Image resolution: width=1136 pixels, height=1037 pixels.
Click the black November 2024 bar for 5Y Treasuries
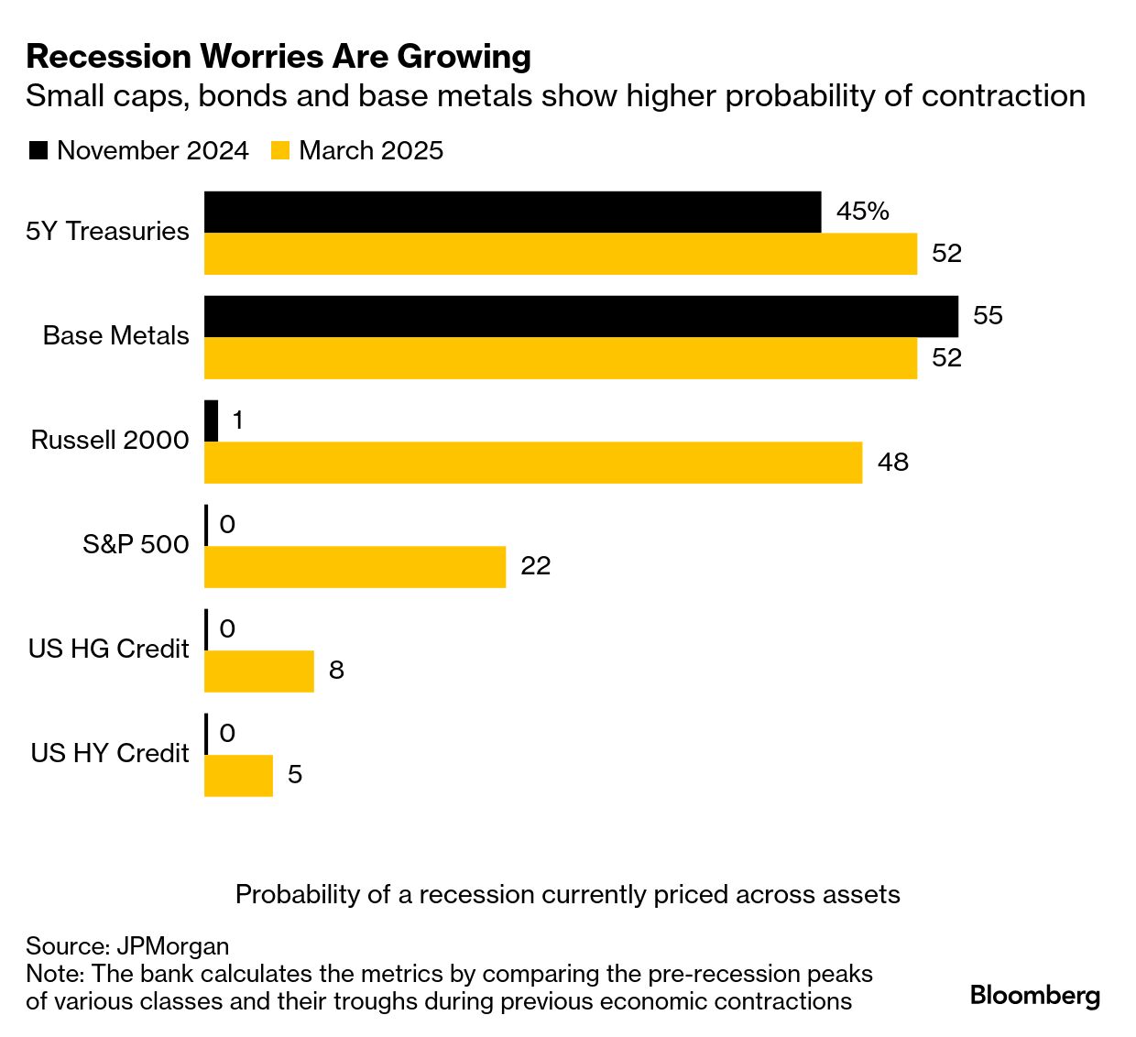tap(512, 212)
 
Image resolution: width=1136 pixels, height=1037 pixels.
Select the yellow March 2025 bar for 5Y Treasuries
tap(560, 254)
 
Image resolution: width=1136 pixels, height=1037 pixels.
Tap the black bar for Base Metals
tap(581, 316)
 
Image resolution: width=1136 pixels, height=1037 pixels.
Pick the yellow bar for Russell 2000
tap(532, 463)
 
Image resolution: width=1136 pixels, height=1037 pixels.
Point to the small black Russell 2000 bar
tap(212, 420)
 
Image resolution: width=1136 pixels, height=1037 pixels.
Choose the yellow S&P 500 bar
tap(355, 567)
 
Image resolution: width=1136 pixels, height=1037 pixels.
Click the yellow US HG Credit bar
tap(258, 671)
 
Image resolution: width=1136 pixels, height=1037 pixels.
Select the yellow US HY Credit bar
tap(238, 776)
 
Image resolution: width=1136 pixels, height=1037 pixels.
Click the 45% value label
tap(862, 212)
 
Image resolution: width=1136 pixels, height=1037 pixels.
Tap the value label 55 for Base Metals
tap(988, 316)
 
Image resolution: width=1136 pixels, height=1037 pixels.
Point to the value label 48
tap(892, 462)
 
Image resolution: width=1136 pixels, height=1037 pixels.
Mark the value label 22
tap(535, 566)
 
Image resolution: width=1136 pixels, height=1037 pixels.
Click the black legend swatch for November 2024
tap(38, 151)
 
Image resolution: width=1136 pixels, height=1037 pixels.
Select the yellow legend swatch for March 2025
tap(280, 151)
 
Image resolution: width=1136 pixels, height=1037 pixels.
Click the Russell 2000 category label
tap(110, 441)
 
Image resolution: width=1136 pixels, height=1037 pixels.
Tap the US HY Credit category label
tap(110, 754)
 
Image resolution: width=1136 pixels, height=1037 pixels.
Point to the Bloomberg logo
tap(1034, 995)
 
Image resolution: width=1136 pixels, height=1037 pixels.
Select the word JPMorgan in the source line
tap(172, 946)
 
